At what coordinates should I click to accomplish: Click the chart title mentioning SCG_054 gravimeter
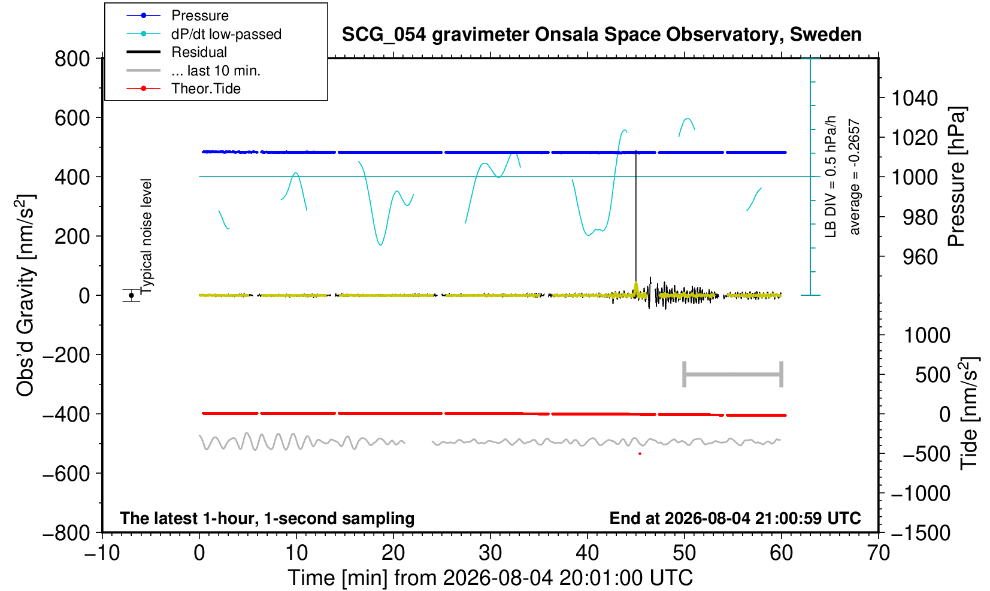[601, 35]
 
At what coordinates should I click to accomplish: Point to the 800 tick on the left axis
[72, 59]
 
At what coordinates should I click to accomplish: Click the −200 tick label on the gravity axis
[66, 354]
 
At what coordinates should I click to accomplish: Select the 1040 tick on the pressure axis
[915, 98]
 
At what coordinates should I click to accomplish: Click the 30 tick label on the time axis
[490, 553]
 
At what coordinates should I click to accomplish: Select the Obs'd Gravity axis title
[26, 295]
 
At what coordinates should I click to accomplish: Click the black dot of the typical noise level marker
[131, 295]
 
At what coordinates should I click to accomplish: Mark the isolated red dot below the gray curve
[640, 454]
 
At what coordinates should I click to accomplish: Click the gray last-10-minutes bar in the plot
[733, 374]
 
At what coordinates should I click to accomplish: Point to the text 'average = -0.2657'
[855, 177]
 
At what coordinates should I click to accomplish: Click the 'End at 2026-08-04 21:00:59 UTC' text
[735, 518]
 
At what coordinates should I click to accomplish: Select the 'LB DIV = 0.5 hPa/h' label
[831, 177]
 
